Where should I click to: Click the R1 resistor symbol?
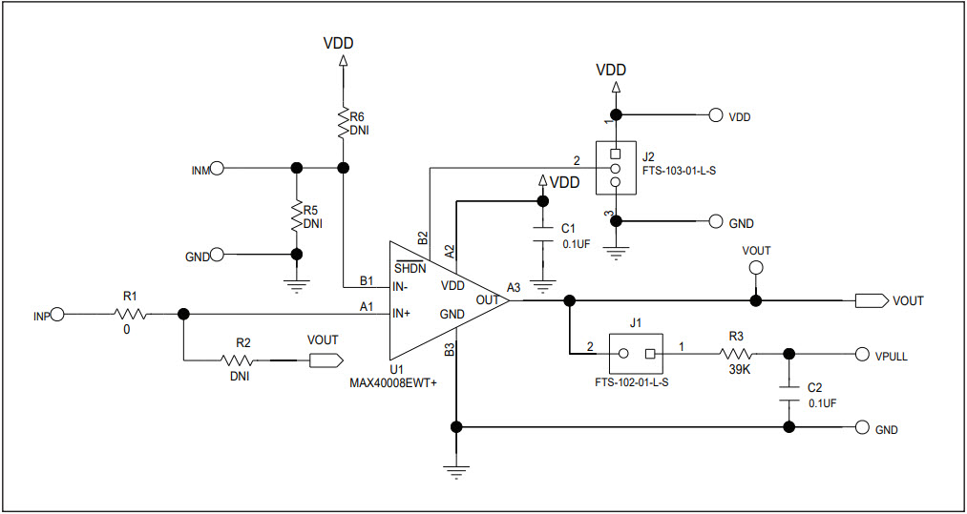(x=129, y=314)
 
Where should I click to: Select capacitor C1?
(x=543, y=235)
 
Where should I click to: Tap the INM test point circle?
(x=217, y=169)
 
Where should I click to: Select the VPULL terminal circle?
(x=863, y=354)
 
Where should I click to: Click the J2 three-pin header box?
(x=616, y=168)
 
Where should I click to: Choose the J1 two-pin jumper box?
(x=636, y=354)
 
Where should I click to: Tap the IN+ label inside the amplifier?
(x=402, y=314)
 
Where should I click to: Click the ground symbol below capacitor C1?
(x=543, y=284)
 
